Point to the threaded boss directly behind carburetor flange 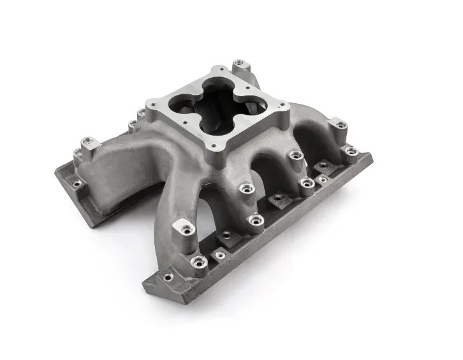point(239,64)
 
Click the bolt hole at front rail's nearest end point(167,277)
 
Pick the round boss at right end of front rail point(349,152)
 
